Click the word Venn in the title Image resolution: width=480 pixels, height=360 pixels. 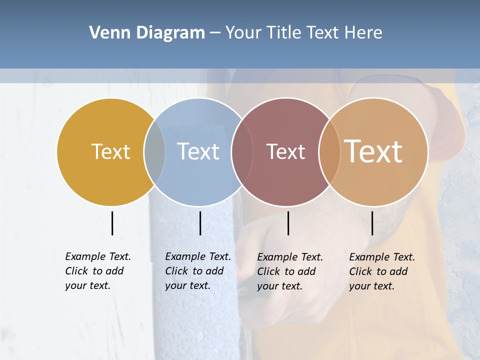point(106,33)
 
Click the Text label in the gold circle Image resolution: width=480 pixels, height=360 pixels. point(110,151)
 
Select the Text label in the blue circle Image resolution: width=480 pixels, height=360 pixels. point(198,151)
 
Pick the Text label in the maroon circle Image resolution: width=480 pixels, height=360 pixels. point(285,151)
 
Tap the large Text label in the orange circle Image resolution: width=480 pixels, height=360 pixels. point(373,151)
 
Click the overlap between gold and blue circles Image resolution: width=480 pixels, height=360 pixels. point(154,151)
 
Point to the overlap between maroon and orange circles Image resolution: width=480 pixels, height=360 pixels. point(329,151)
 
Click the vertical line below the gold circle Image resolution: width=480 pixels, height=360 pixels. point(112,223)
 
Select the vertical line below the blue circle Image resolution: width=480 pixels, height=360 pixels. point(200,223)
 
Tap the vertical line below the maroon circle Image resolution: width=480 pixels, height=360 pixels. point(288,223)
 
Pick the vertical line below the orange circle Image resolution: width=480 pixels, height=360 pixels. point(372,223)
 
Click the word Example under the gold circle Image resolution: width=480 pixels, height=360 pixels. point(85,256)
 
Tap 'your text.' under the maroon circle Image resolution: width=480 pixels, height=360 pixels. point(279,286)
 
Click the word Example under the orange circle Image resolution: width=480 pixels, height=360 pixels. point(369,257)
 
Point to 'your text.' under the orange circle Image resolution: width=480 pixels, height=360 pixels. point(371,286)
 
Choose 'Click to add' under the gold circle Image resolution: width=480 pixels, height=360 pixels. point(94,271)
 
